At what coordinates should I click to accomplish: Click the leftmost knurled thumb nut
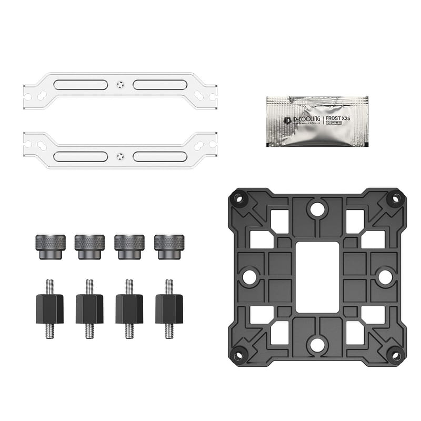pos(51,246)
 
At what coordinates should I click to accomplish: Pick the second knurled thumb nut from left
pos(90,246)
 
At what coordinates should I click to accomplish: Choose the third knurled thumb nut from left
pos(129,246)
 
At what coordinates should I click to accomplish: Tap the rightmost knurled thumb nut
pos(169,246)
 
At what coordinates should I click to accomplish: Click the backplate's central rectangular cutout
pos(316,276)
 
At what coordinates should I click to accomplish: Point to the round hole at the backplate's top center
pos(316,209)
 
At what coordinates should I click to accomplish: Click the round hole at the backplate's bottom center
pos(316,344)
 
